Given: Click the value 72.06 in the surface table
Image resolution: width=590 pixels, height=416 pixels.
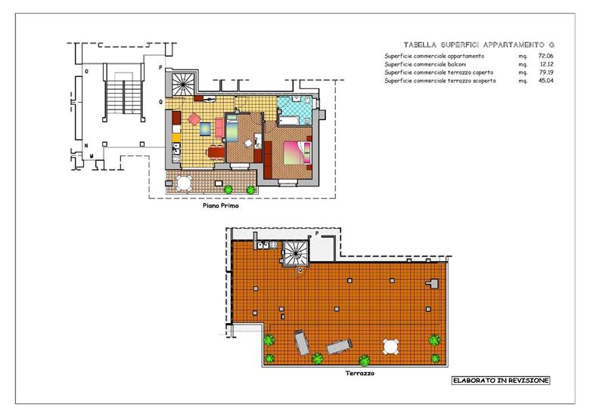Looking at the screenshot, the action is tap(546, 56).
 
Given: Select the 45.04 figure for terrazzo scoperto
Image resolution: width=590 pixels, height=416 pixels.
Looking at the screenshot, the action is tap(546, 80).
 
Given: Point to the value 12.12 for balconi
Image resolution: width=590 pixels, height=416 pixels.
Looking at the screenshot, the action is tap(546, 64).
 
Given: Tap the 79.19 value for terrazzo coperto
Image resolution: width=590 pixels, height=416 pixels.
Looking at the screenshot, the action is tap(546, 72).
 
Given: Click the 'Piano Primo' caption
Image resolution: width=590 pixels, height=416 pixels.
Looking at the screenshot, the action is tap(221, 206).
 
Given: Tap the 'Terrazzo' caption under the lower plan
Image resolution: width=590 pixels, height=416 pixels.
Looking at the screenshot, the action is tap(360, 373).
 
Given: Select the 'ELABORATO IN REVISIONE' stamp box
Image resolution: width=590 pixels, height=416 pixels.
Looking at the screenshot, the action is tap(501, 381).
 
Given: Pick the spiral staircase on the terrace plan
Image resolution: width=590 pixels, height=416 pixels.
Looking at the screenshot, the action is tap(295, 252).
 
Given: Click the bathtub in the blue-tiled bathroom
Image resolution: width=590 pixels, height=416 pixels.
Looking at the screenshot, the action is tap(289, 121).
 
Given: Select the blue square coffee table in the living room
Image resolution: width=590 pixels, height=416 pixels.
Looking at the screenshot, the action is tap(206, 129).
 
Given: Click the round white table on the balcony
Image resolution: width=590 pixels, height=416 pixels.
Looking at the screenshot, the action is tap(184, 183).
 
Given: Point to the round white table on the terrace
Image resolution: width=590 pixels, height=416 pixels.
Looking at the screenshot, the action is tap(391, 347).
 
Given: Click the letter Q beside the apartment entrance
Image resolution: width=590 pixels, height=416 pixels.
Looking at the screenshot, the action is tap(160, 102).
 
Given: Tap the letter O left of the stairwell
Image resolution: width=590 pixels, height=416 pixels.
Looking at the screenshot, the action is tap(86, 71).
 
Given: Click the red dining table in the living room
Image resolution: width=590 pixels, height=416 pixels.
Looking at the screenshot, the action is tap(216, 152).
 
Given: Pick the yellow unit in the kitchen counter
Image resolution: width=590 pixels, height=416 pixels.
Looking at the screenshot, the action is tap(176, 138).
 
